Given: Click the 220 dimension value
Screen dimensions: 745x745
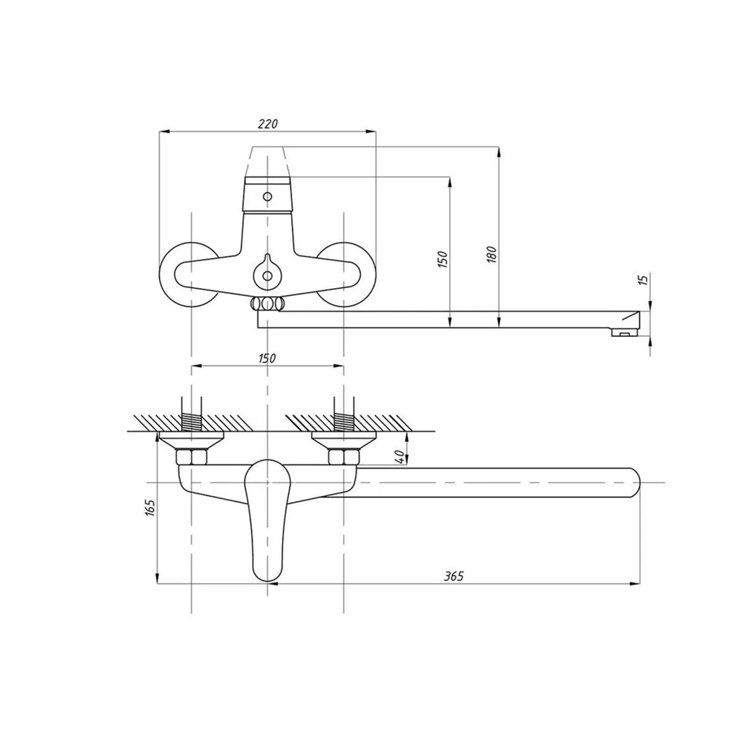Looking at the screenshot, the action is pyautogui.click(x=268, y=124).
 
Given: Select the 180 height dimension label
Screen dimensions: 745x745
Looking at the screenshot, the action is pyautogui.click(x=491, y=254).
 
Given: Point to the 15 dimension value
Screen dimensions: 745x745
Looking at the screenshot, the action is pyautogui.click(x=643, y=279).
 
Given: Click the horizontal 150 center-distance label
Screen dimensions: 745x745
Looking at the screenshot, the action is pyautogui.click(x=268, y=358).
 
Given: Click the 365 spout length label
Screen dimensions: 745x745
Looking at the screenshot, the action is pyautogui.click(x=453, y=587).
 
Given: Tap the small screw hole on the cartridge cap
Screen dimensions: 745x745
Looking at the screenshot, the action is pyautogui.click(x=267, y=196).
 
